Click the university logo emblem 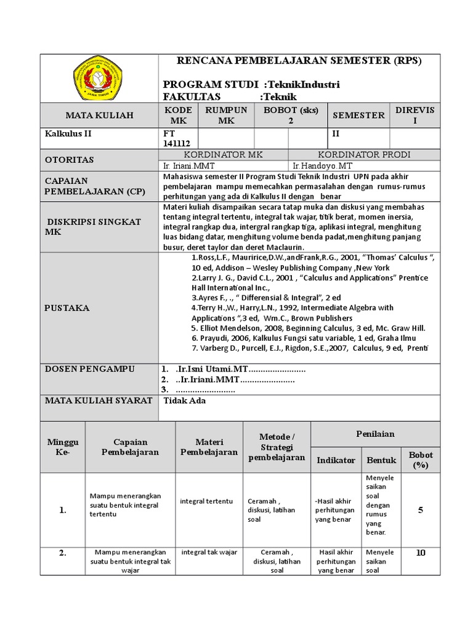tap(98, 78)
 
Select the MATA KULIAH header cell tap(99, 115)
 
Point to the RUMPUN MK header tap(226, 115)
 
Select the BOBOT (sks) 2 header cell tap(290, 115)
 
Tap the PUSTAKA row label tap(67, 307)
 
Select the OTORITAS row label tap(70, 160)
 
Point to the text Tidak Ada tap(184, 401)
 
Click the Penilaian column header tap(375, 434)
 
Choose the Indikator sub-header tap(336, 460)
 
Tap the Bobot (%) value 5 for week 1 tap(421, 509)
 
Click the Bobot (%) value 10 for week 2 tap(421, 552)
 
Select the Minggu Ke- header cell tap(63, 447)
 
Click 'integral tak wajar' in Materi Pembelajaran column tap(209, 552)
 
